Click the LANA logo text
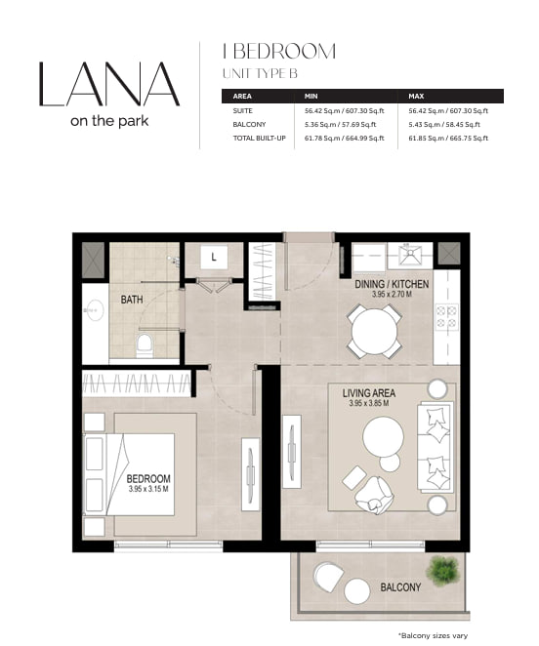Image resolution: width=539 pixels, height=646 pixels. [109, 85]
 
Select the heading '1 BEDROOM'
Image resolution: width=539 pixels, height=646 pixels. [279, 52]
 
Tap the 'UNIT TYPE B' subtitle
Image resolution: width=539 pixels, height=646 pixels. [260, 73]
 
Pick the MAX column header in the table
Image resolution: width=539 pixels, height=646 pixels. [416, 96]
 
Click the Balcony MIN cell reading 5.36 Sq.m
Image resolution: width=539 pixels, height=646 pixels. [340, 125]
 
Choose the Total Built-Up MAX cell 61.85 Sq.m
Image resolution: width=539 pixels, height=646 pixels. [448, 138]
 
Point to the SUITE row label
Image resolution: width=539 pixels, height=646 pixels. [242, 111]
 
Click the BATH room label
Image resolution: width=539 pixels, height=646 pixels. [132, 300]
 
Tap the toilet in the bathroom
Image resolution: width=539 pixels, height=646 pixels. [144, 346]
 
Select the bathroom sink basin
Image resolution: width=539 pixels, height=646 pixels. [94, 310]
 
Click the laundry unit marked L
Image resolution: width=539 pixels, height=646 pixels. [214, 258]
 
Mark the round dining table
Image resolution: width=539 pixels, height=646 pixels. [374, 332]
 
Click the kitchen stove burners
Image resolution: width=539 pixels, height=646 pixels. [446, 318]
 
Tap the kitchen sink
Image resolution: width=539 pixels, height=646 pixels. [409, 254]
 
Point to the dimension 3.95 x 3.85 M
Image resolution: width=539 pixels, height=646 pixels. [369, 404]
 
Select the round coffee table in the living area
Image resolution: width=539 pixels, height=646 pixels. [383, 437]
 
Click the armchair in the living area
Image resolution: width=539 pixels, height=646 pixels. [374, 494]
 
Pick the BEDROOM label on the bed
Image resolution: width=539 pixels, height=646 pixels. [148, 479]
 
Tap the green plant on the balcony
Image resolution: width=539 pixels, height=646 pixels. [442, 571]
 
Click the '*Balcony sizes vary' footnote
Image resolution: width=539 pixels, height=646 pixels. [433, 635]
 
